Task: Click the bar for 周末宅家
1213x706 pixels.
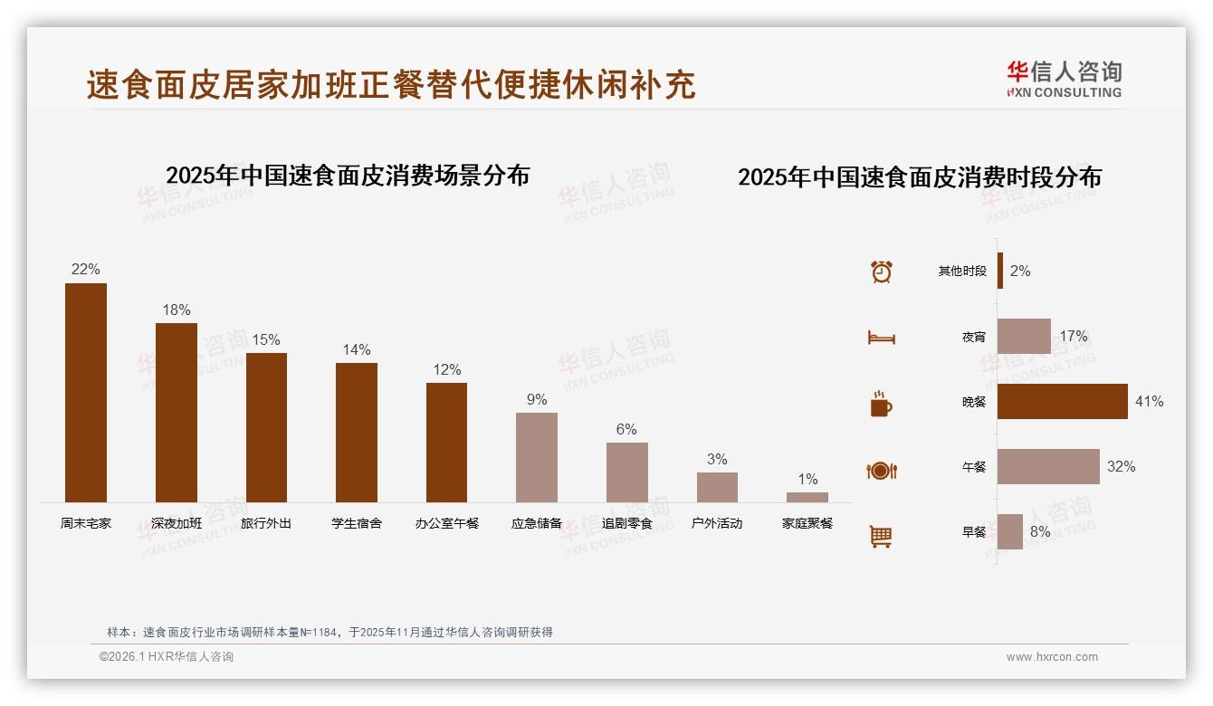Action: point(86,393)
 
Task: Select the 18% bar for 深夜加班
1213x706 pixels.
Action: point(177,413)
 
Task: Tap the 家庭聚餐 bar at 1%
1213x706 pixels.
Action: point(807,497)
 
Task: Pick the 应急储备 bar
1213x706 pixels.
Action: point(537,457)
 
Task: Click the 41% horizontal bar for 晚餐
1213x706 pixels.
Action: point(1062,401)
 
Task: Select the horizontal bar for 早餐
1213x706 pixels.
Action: point(1009,532)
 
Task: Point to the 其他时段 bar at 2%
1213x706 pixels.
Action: point(1000,271)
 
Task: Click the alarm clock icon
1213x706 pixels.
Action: point(881,272)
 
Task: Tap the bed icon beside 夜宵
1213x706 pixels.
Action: point(881,338)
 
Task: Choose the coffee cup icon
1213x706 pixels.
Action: point(881,404)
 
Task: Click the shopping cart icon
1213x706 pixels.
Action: point(881,536)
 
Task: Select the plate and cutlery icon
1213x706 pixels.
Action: point(881,471)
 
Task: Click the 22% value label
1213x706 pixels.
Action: point(86,270)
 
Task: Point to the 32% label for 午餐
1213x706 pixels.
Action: point(1121,467)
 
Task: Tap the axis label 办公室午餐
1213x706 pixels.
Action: point(446,523)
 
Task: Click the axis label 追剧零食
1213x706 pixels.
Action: point(626,523)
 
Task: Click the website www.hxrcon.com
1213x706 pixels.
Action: point(1052,657)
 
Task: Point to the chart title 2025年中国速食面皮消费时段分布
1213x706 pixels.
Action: point(919,177)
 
